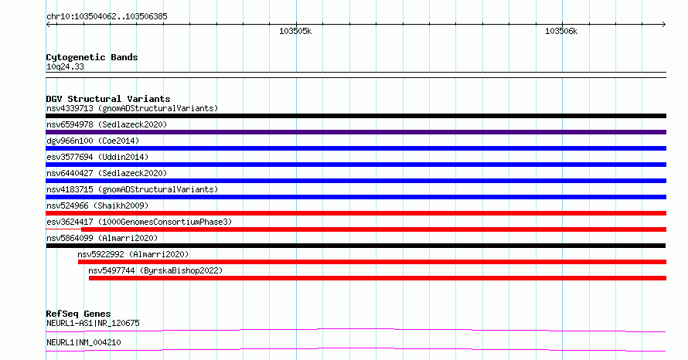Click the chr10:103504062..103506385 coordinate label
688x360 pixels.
click(107, 17)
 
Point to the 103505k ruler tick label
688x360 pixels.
click(295, 31)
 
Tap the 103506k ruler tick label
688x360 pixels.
click(561, 31)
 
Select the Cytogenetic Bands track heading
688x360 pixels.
click(92, 57)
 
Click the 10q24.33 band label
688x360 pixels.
click(65, 66)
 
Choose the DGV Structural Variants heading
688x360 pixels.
click(108, 99)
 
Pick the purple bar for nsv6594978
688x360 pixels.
click(356, 132)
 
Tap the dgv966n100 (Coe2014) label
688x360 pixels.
click(93, 141)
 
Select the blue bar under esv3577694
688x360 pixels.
click(356, 165)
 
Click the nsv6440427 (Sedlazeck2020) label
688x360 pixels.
click(107, 173)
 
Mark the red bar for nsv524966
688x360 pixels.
click(356, 213)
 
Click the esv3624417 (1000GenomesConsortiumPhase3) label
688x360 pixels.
click(139, 222)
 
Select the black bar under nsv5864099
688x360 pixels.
click(356, 246)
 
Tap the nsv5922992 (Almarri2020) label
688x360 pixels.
click(133, 254)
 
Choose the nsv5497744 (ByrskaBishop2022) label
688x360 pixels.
click(155, 270)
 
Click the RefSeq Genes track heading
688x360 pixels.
click(78, 314)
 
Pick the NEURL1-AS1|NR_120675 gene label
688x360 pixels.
click(93, 323)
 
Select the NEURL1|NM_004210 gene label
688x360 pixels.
click(83, 342)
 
